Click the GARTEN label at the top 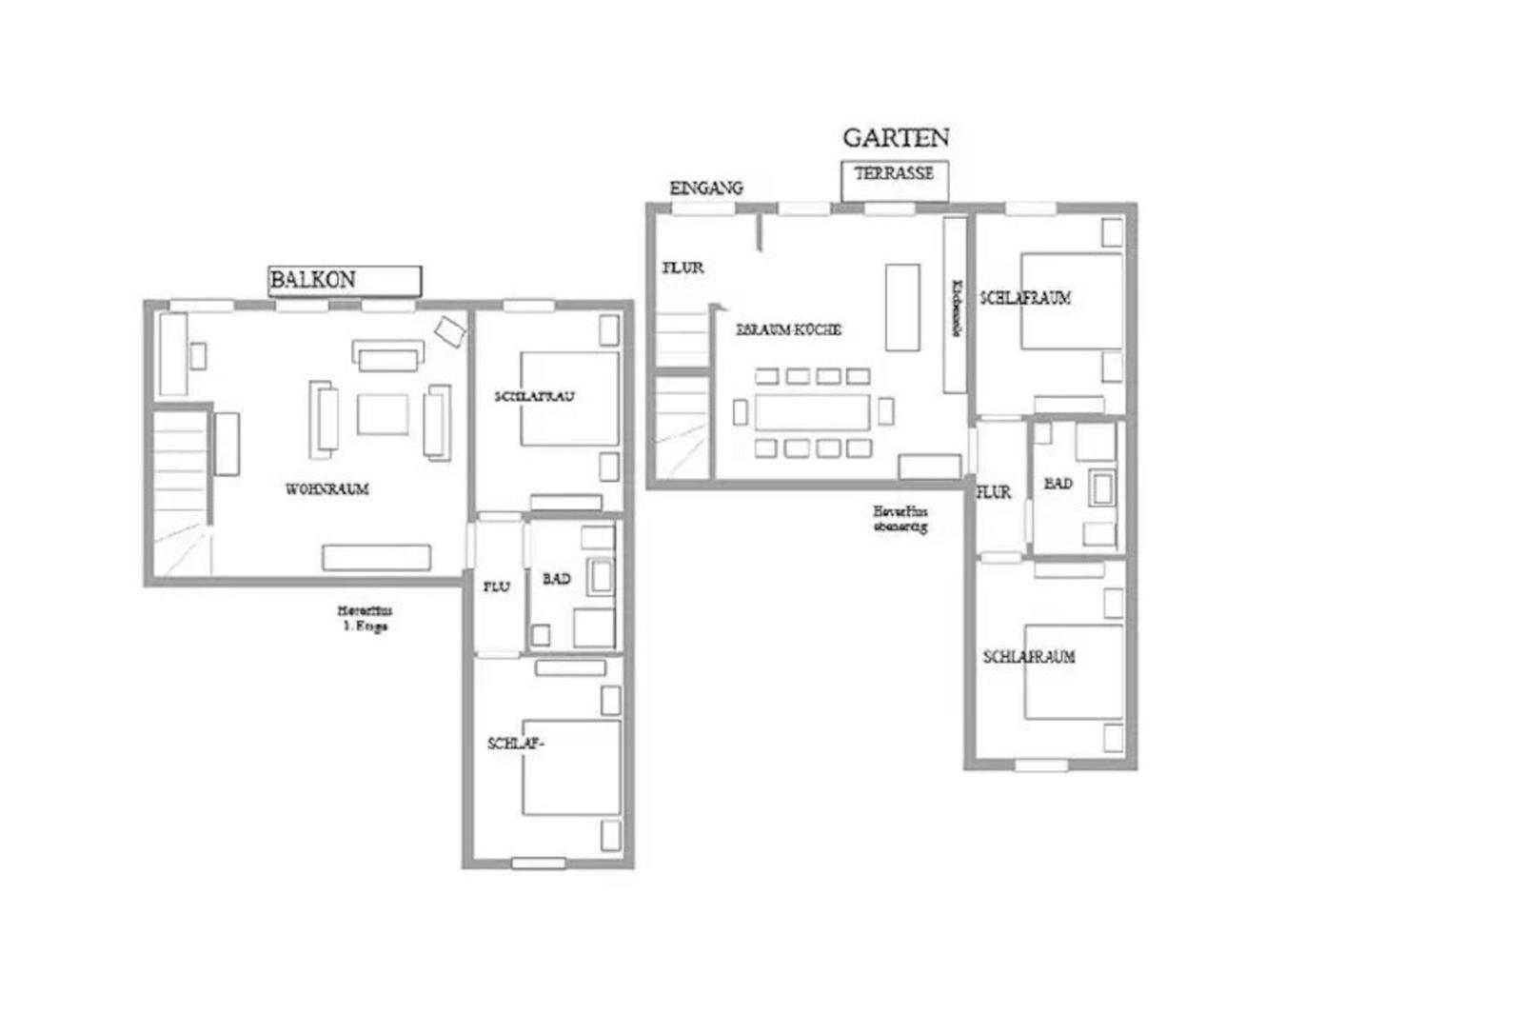pos(896,138)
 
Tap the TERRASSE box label pos(894,174)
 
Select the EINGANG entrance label pos(706,189)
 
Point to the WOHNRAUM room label pos(326,489)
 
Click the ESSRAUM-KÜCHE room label pos(789,330)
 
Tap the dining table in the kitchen pos(813,412)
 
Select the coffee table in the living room pos(383,414)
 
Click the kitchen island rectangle pos(902,308)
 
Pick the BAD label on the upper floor pos(557,579)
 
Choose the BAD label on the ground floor pos(1058,484)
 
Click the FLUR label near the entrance pos(683,268)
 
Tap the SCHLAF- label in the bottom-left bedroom pos(516,744)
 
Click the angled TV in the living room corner pos(450,330)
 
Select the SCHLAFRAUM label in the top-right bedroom pos(1026,298)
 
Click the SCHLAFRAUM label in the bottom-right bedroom pos(1029,657)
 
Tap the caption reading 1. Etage pos(365,626)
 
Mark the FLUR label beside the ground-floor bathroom pos(994,492)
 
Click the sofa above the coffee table pos(388,355)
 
